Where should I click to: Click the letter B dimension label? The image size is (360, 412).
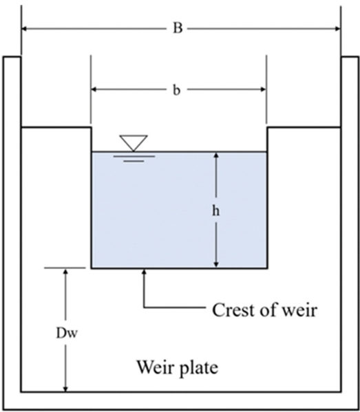pyautogui.click(x=178, y=29)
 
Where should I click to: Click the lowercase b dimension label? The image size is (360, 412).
pyautogui.click(x=177, y=90)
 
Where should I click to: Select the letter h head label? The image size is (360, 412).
pyautogui.click(x=216, y=210)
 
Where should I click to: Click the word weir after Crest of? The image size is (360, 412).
pyautogui.click(x=299, y=310)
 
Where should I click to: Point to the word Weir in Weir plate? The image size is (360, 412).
pyautogui.click(x=153, y=367)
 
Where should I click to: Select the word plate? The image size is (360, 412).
pyautogui.click(x=198, y=367)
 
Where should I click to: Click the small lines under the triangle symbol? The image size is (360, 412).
pyautogui.click(x=133, y=158)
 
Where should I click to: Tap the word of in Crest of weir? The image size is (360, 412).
pyautogui.click(x=268, y=310)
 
